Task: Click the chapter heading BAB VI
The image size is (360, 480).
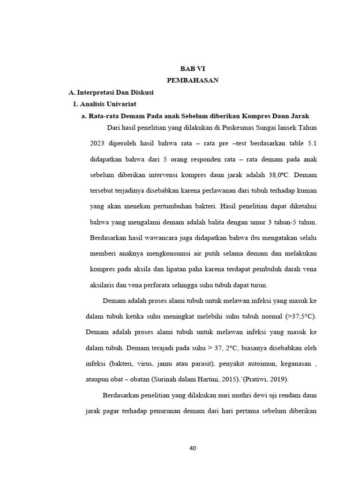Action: tap(193, 68)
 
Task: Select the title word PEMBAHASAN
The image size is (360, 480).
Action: tap(193, 80)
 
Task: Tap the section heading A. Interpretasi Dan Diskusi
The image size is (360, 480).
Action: tap(111, 92)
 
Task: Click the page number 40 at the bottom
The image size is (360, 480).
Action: tap(193, 448)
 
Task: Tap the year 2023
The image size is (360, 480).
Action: tap(98, 143)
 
